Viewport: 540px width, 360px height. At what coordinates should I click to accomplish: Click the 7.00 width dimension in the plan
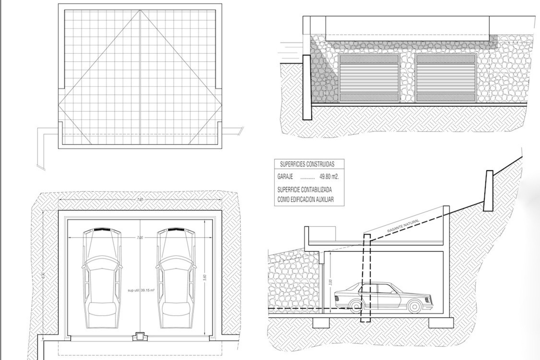point(140,238)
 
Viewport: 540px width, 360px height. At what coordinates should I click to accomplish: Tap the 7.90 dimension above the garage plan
point(140,200)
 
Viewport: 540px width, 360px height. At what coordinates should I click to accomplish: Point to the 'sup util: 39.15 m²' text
point(141,290)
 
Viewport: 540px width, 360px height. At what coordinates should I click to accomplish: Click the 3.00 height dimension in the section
point(330,282)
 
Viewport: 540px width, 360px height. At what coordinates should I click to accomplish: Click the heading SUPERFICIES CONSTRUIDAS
point(307,165)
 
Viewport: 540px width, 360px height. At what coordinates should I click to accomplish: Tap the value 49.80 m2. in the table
point(329,177)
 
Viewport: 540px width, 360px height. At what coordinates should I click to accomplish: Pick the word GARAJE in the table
point(285,177)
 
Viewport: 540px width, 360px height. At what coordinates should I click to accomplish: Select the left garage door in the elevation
point(369,78)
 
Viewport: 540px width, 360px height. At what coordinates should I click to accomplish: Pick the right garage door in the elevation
point(446,78)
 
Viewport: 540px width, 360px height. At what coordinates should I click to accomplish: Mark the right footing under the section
point(441,323)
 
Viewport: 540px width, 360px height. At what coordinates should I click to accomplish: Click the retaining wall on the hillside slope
point(489,191)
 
